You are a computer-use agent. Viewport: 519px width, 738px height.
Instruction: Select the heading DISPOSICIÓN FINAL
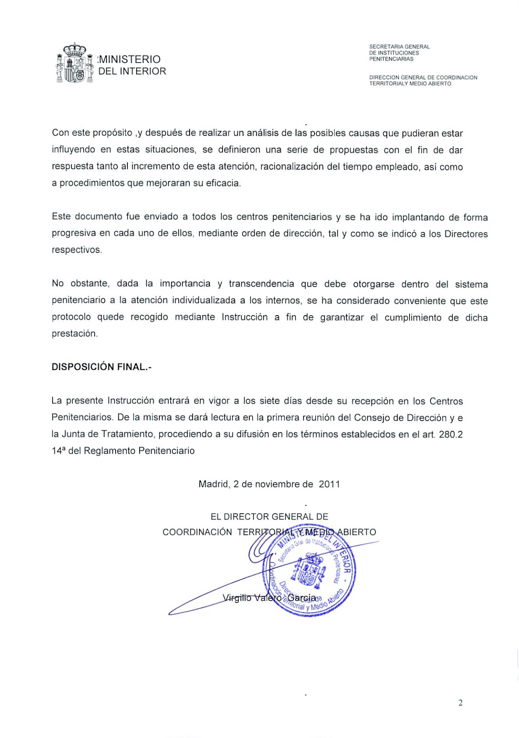101,367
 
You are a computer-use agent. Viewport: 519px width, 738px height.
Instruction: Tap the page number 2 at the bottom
460,703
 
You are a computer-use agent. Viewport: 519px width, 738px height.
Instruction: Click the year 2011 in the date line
329,484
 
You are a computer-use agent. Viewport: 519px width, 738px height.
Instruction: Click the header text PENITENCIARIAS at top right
391,59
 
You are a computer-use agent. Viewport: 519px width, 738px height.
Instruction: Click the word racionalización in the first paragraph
297,167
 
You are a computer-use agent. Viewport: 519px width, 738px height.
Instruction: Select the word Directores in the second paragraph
466,234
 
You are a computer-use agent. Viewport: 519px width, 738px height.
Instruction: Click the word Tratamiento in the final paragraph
127,434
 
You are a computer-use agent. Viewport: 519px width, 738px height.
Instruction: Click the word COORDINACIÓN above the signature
197,532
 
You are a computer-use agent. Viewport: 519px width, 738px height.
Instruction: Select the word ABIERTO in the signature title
359,532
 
